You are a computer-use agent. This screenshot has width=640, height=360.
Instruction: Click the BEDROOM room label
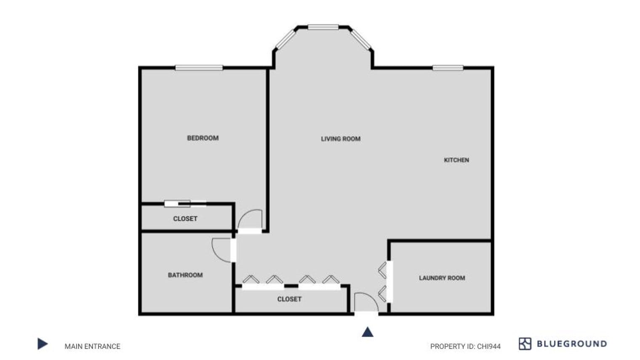203,138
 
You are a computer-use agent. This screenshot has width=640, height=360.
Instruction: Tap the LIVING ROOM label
341,139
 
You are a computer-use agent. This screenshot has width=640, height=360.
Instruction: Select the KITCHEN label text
456,160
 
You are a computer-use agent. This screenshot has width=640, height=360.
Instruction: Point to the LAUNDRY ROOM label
442,278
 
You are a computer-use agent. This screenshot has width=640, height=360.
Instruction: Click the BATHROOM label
185,275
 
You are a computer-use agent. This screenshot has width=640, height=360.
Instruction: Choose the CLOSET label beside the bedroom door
185,219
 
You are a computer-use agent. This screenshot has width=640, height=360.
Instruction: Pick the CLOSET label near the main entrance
289,299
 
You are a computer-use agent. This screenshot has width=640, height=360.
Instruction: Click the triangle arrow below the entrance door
368,332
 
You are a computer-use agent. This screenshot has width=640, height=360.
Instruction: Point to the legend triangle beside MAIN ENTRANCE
42,344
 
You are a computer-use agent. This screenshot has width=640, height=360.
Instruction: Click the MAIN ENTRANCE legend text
92,346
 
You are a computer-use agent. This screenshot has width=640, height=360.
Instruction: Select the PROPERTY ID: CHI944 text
465,346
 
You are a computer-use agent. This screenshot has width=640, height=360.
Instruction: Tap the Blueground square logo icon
525,344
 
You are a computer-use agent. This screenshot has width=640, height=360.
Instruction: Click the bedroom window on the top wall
199,68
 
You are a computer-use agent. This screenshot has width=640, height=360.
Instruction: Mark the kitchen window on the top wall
448,68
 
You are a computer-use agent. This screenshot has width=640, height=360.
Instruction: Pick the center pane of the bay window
323,27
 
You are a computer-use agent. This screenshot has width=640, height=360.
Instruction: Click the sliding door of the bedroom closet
185,204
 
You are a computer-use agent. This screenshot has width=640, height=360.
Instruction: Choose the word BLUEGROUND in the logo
571,344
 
